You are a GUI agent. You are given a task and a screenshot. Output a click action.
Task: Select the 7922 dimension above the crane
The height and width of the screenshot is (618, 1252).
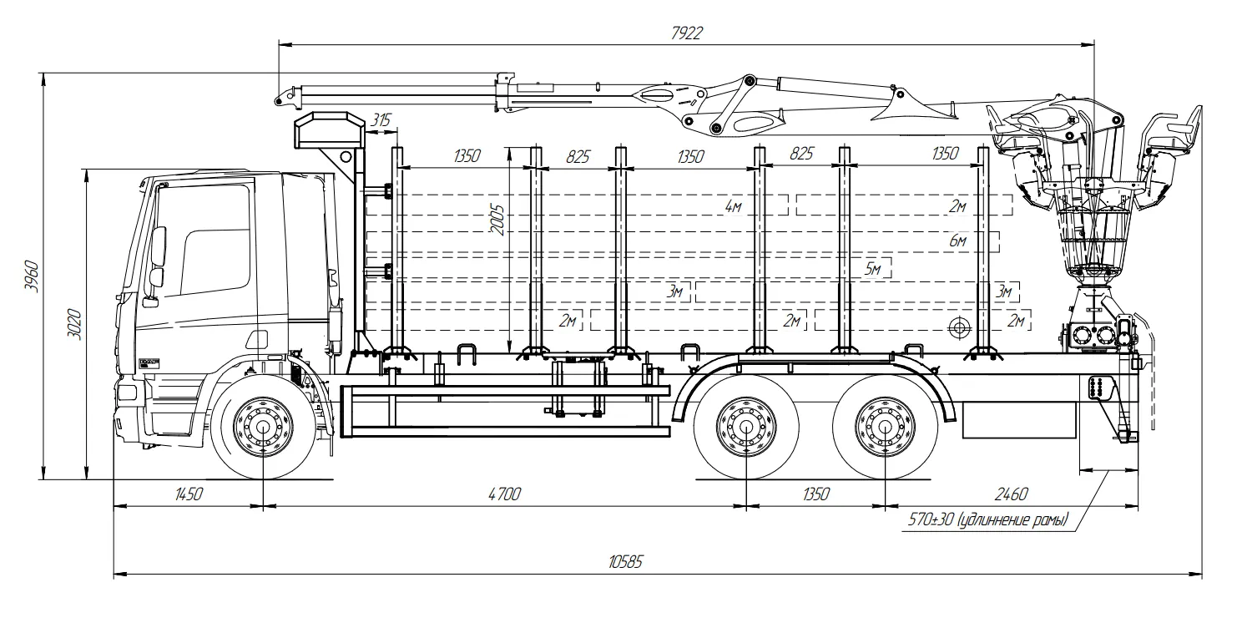[x=686, y=33]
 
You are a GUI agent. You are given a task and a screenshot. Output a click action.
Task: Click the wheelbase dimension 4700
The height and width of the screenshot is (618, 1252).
[x=504, y=494]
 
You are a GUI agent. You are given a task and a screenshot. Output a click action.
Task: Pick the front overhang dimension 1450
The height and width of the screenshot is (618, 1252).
[x=189, y=494]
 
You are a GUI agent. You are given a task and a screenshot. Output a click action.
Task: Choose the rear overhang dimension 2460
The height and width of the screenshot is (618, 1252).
[x=1012, y=494]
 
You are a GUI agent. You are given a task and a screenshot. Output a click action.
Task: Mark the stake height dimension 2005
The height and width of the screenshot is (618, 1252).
[x=498, y=219]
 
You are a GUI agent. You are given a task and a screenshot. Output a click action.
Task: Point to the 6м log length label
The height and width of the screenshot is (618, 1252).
[x=957, y=241]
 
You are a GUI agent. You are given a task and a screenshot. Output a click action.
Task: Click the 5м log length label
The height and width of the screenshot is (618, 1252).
[x=873, y=268]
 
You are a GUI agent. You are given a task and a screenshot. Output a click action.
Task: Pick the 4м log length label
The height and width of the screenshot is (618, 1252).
[x=733, y=205]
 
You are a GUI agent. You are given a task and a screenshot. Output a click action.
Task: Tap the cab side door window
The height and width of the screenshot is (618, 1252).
[x=214, y=242]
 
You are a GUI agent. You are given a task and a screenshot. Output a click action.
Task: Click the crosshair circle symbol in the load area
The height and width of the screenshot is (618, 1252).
[x=959, y=327]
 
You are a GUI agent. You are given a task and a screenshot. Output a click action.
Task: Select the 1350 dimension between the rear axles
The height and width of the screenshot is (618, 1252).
[x=815, y=494]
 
